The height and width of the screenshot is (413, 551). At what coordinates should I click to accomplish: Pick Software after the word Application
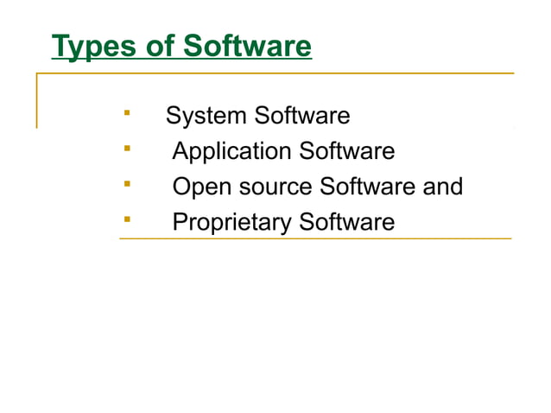(x=346, y=151)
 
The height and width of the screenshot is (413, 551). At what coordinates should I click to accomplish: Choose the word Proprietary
(x=232, y=223)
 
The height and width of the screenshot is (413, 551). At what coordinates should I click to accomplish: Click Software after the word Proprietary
(x=346, y=222)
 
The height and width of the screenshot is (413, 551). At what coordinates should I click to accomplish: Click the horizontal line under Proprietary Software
(x=315, y=238)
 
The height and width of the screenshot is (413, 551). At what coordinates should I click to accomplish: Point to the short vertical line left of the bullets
(x=36, y=101)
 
